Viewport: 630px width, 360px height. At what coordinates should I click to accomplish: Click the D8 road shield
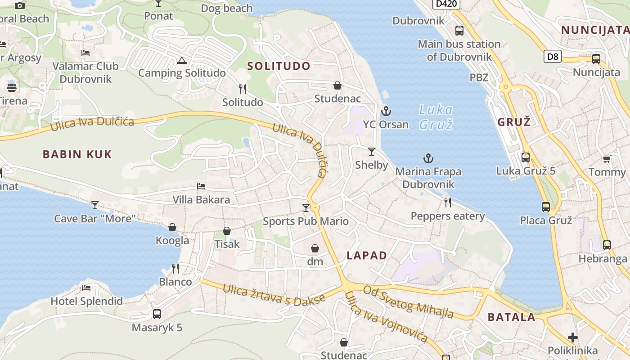coord(553,57)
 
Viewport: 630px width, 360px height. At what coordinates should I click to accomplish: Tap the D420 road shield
coord(447,4)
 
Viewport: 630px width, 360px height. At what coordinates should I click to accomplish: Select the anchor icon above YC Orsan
coord(386,111)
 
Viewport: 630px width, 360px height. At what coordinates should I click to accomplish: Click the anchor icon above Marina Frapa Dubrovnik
coord(428,158)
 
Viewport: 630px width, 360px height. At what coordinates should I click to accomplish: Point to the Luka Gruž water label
coord(436,117)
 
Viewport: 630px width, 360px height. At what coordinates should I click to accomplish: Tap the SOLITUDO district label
coord(279,66)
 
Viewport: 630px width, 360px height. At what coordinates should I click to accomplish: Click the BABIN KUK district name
coord(77,154)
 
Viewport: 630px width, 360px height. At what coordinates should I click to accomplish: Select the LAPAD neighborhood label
coord(367,256)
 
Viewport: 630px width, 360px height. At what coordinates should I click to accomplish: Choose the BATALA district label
coord(512,317)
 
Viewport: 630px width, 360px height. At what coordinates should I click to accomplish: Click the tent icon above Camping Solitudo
coord(182,61)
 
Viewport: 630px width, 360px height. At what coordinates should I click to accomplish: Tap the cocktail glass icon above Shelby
coord(372,152)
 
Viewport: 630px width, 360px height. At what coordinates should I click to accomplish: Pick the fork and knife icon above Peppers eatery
coord(448,202)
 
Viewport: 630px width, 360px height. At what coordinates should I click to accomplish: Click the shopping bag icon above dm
coord(315,248)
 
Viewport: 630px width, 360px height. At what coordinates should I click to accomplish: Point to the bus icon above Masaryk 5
coord(157,314)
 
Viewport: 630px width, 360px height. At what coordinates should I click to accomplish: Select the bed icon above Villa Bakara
coord(201,186)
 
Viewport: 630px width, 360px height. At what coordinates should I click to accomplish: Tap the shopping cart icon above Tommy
coord(607,159)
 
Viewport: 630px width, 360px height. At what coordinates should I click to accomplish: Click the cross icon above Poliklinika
coord(572,337)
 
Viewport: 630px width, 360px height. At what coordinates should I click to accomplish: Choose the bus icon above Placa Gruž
coord(546,207)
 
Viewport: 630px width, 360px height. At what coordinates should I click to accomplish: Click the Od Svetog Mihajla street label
coord(408,302)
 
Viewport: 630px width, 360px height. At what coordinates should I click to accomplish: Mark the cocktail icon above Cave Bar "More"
coord(95,205)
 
